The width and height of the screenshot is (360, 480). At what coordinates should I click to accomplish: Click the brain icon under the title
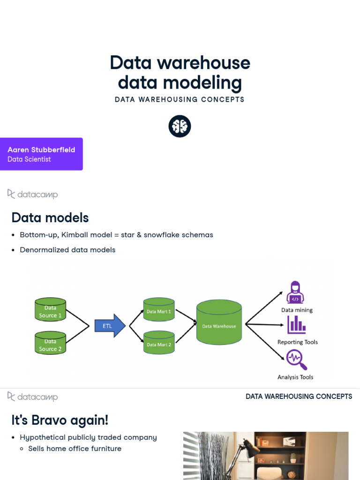coord(180,126)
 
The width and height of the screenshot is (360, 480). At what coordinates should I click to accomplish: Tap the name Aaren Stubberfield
coord(41,150)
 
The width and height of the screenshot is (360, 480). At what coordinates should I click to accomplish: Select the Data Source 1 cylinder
coord(51,311)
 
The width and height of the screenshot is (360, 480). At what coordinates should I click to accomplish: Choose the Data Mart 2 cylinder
coord(159,344)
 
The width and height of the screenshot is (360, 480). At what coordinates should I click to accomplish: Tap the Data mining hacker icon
coord(295,292)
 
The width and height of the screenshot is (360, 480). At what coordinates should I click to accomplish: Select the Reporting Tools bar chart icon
coord(296,324)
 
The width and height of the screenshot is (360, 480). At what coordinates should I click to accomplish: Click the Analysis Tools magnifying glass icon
coord(296,360)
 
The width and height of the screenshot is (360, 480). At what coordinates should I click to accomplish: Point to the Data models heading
coord(50,217)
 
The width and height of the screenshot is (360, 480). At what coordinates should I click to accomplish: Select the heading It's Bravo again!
coord(60,420)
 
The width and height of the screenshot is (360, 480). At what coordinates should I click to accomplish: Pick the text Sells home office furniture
coord(75,449)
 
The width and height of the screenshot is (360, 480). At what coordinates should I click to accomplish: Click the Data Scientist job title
coord(29,159)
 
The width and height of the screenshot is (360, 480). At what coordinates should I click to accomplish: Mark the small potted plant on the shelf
coord(293,457)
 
